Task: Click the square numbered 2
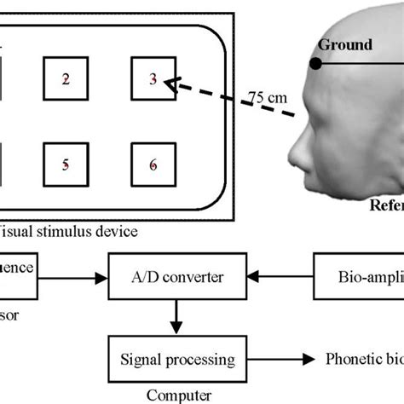coord(66,79)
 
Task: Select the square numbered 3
coord(153,79)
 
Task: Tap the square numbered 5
coord(66,165)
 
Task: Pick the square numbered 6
coord(153,165)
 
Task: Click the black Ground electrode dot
coord(315,63)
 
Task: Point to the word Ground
coord(345,44)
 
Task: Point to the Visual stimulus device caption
coord(68,230)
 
